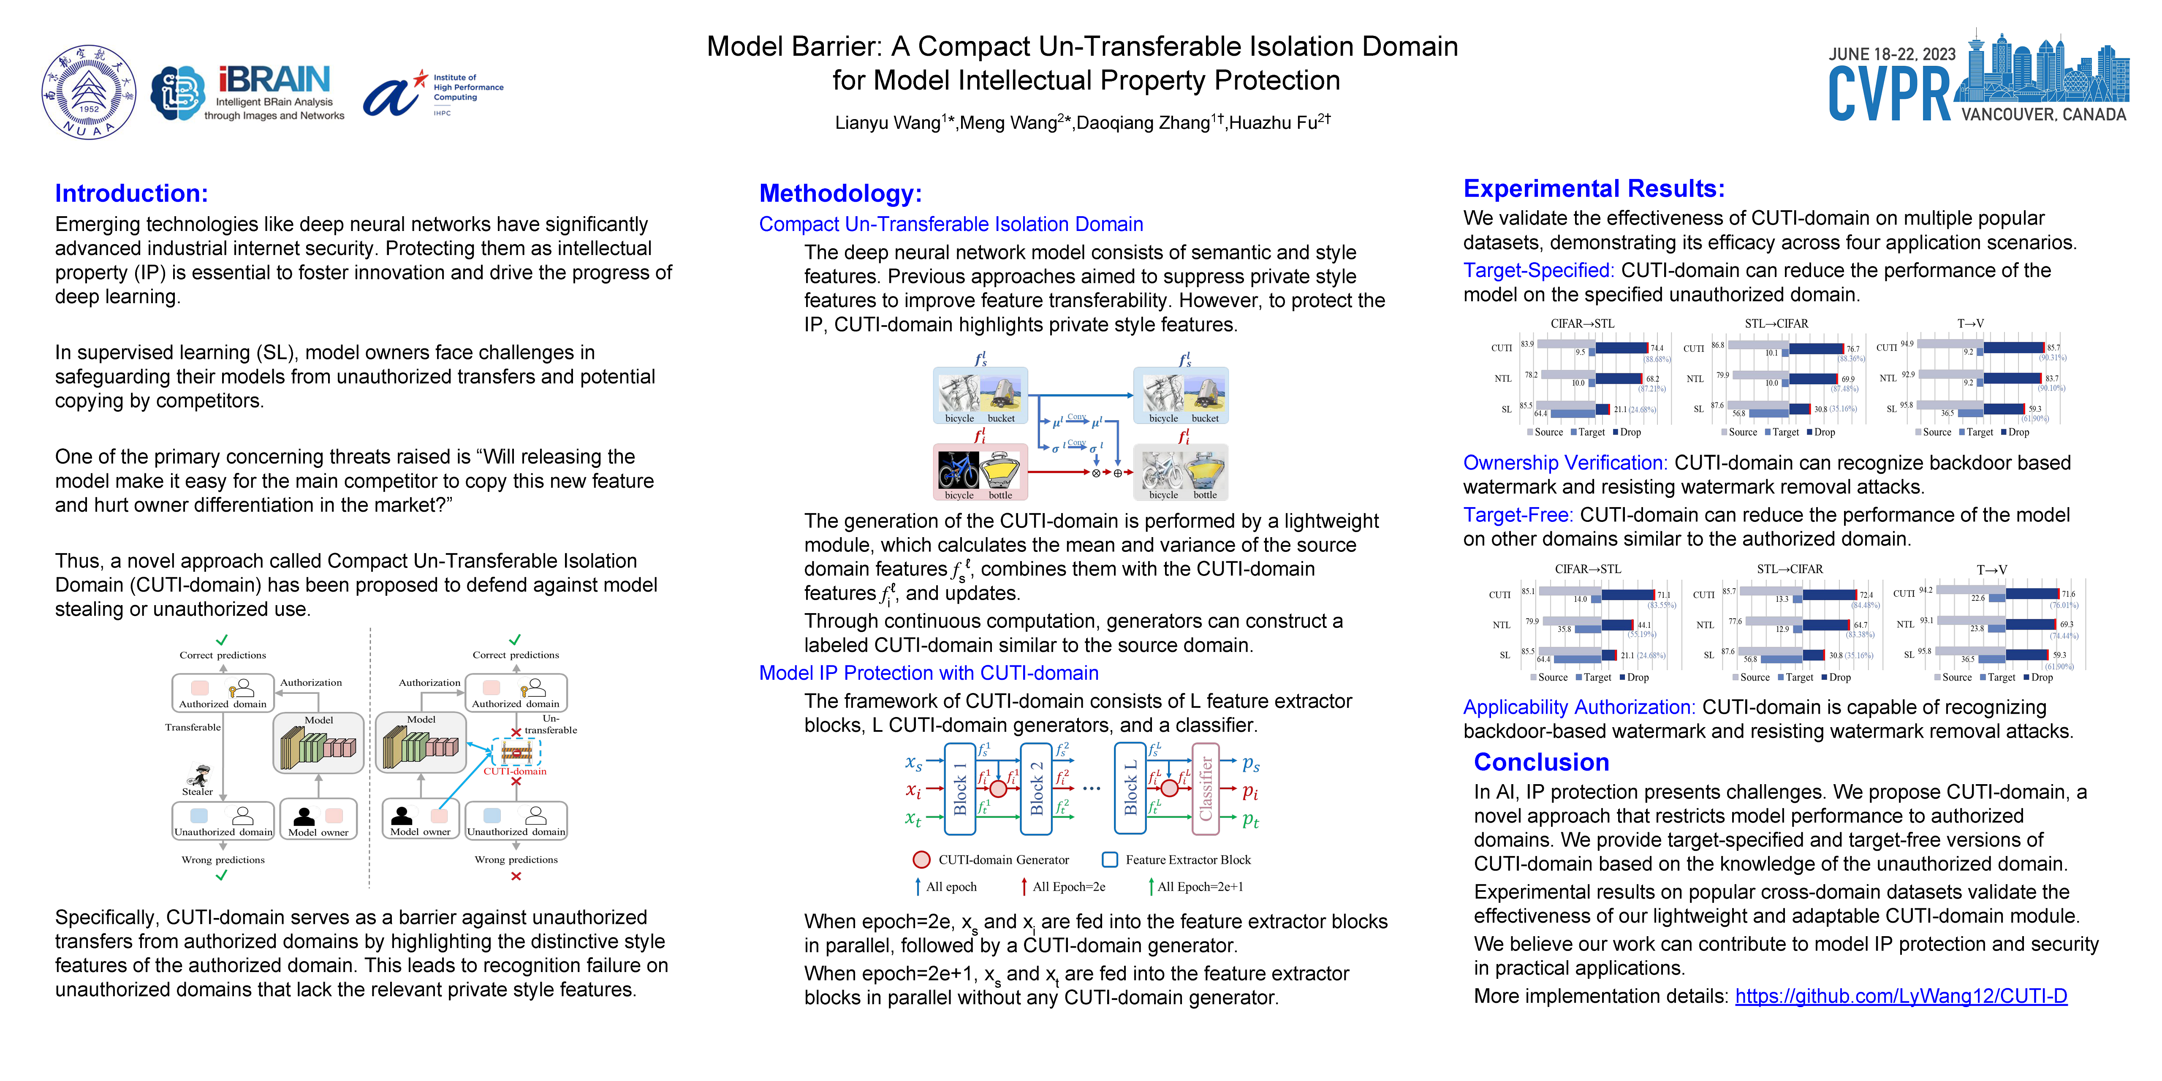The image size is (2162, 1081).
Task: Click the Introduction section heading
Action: (131, 193)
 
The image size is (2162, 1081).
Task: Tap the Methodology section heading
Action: (840, 193)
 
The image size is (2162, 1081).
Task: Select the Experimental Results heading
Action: (1593, 188)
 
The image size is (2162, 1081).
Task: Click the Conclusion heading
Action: (1541, 762)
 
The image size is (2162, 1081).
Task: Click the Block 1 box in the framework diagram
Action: (959, 789)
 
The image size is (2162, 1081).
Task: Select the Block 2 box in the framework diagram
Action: (1036, 789)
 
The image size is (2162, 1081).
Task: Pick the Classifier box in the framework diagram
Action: (1205, 789)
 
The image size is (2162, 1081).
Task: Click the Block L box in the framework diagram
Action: (1130, 789)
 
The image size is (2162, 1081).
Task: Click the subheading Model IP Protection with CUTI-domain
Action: (928, 673)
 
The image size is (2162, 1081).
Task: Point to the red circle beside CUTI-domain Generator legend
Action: (921, 859)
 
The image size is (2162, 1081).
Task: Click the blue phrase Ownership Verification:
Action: (1564, 462)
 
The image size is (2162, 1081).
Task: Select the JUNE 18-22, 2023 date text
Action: (1892, 54)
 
